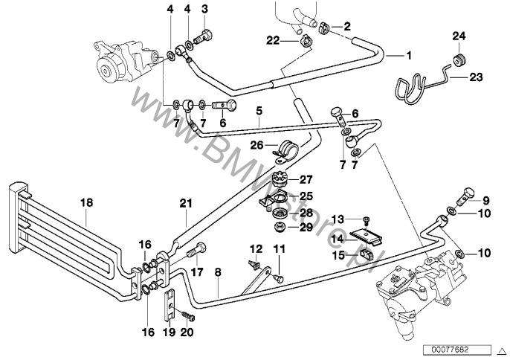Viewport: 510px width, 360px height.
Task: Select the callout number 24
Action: point(458,35)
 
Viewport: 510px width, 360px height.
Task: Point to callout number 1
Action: point(407,54)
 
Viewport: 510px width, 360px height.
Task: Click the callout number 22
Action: point(274,39)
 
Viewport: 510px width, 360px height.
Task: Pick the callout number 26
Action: point(256,145)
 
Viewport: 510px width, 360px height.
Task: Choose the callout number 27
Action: point(308,179)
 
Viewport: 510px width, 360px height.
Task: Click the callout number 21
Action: point(186,202)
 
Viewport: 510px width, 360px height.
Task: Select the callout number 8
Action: point(217,273)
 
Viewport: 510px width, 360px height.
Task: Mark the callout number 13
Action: point(339,219)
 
